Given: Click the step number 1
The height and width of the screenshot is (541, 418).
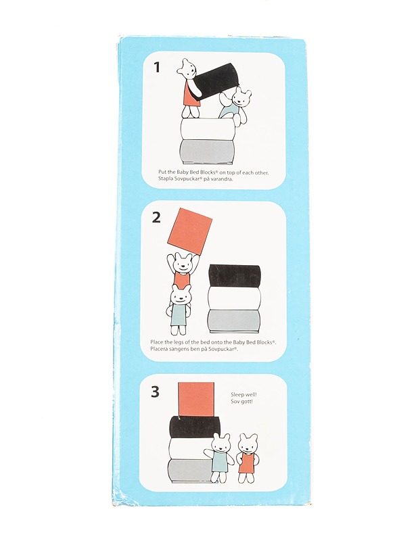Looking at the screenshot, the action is click(157, 66).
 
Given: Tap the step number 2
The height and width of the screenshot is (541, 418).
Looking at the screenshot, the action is click(156, 217).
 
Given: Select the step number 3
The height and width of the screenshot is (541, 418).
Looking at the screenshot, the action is click(156, 392).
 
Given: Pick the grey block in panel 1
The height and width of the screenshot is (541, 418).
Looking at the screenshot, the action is click(207, 150).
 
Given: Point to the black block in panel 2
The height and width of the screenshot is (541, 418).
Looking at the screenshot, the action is click(234, 276).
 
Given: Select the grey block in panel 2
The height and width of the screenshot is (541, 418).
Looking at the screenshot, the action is click(234, 321).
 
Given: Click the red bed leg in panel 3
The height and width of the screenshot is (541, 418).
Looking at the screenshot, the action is click(197, 399).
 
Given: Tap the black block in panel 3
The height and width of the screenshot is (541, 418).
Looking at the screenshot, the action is click(194, 426).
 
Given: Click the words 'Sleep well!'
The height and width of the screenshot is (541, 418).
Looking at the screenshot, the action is click(243, 394).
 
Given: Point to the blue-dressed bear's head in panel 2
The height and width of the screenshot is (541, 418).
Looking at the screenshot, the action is click(181, 296).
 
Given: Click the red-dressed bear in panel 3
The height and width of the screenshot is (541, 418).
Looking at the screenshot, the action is click(247, 458).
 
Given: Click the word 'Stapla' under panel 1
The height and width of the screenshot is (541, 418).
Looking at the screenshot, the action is click(165, 179).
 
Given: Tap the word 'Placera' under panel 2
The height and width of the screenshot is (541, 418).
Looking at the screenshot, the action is click(159, 349).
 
